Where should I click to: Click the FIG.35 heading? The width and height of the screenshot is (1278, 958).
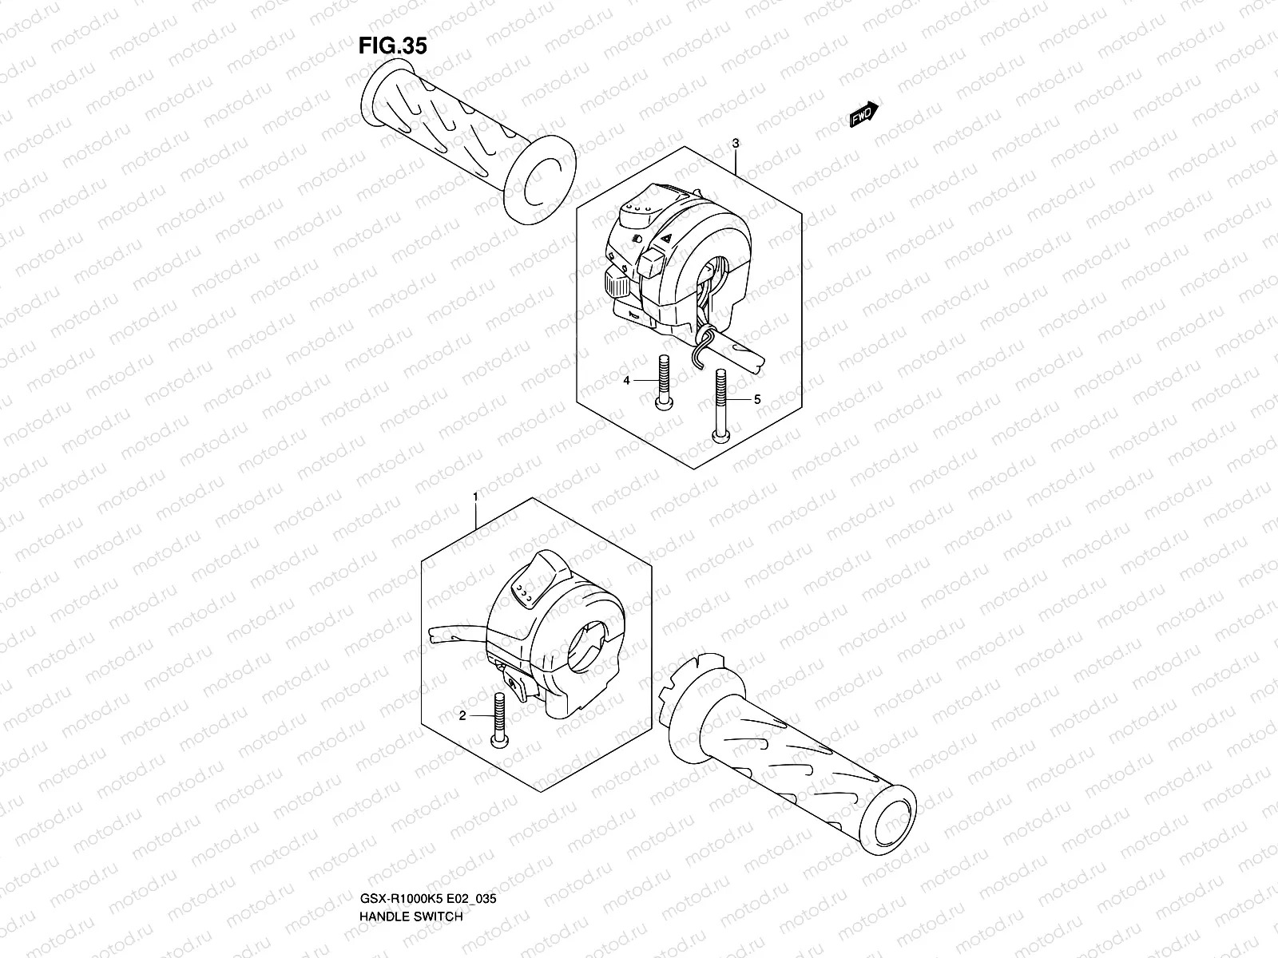pos(392,46)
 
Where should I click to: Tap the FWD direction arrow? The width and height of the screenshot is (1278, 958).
pos(863,115)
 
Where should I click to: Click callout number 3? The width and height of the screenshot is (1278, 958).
pos(735,144)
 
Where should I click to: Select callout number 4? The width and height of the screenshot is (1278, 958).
pos(627,381)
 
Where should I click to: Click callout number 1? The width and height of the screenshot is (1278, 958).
pos(475,497)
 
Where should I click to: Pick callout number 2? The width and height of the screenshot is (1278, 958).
pos(462,716)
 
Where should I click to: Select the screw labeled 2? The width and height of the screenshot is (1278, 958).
pos(501,718)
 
